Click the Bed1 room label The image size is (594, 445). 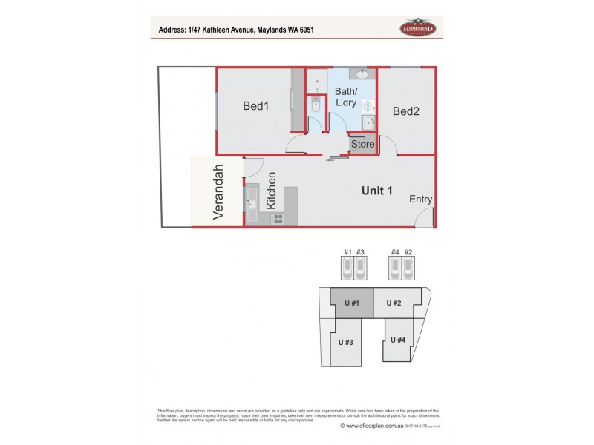pyautogui.click(x=255, y=106)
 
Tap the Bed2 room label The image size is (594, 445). pyautogui.click(x=406, y=112)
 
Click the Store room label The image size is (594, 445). pyautogui.click(x=362, y=144)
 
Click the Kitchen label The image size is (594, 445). pyautogui.click(x=272, y=190)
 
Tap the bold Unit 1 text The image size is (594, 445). pyautogui.click(x=376, y=191)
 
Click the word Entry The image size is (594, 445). pyautogui.click(x=420, y=200)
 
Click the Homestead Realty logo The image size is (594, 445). pyautogui.click(x=421, y=27)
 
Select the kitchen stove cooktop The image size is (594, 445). pyautogui.click(x=277, y=218)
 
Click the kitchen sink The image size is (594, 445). pyautogui.click(x=251, y=198)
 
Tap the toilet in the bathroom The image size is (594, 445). pyautogui.click(x=315, y=106)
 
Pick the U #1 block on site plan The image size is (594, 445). pyautogui.click(x=352, y=303)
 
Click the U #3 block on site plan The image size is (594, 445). pyautogui.click(x=345, y=342)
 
